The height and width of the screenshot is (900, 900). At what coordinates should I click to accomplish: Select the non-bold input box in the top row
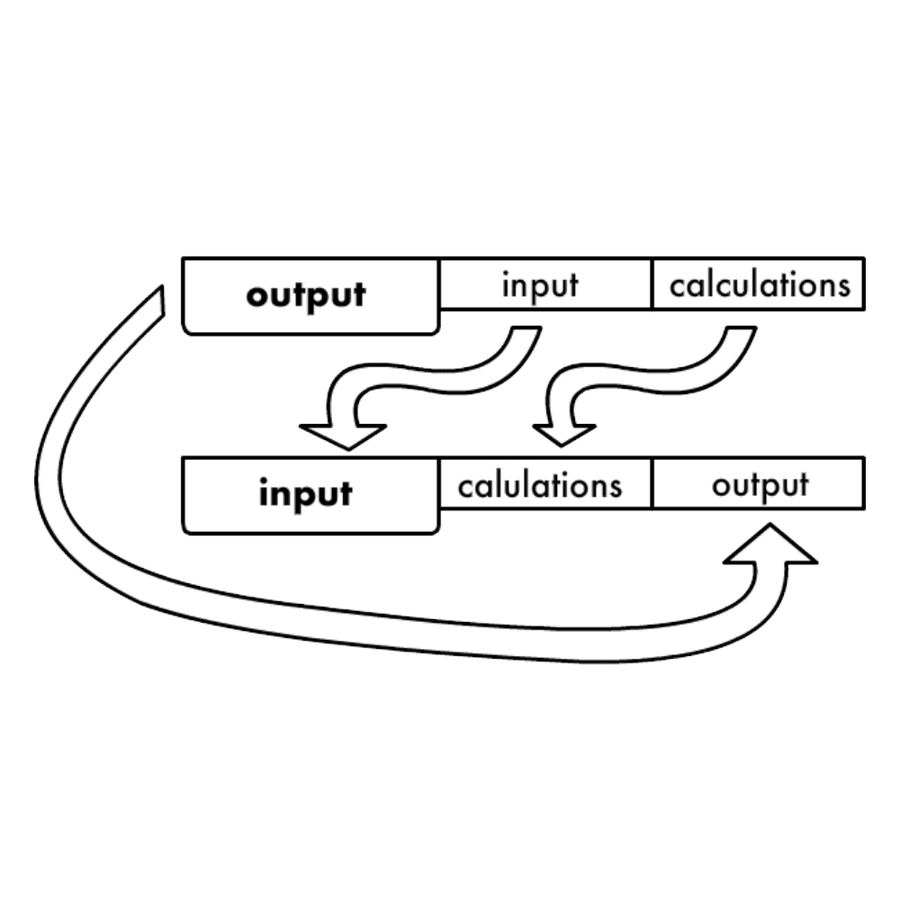click(x=540, y=286)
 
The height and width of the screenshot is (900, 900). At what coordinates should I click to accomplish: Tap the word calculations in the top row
click(x=760, y=286)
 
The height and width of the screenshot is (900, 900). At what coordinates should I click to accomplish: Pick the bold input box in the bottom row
click(x=306, y=495)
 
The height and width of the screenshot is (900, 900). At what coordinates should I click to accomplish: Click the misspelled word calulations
click(x=539, y=486)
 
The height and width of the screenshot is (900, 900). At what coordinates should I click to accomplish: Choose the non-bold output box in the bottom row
click(x=760, y=485)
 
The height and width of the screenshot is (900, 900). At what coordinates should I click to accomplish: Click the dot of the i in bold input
click(x=265, y=482)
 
